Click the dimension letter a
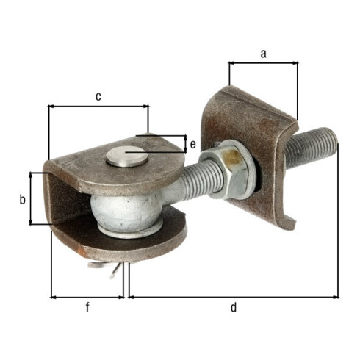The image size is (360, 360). pos(263,54)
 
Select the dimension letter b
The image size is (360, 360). pos(22,199)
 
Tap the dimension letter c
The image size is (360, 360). pos(98,97)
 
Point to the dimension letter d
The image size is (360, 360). pos(234,307)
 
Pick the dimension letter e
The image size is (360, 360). pos(192,145)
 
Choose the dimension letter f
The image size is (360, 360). pos(87,307)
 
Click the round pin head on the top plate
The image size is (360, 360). pos(126,156)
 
